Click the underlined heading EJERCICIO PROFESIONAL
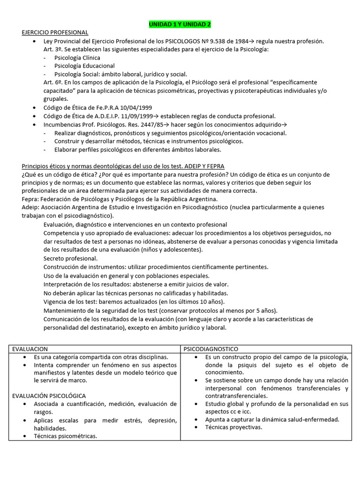pyautogui.click(x=55, y=32)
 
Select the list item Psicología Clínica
pyautogui.click(x=77, y=58)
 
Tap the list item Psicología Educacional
pyautogui.click(x=84, y=66)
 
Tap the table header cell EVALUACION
pyautogui.click(x=30, y=349)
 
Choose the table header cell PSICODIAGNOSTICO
pyautogui.click(x=211, y=349)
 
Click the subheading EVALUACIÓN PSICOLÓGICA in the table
pyautogui.click(x=49, y=396)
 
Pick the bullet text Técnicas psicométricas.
pyautogui.click(x=65, y=436)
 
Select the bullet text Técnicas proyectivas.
pyautogui.click(x=233, y=427)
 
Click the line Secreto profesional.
pyautogui.click(x=70, y=258)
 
